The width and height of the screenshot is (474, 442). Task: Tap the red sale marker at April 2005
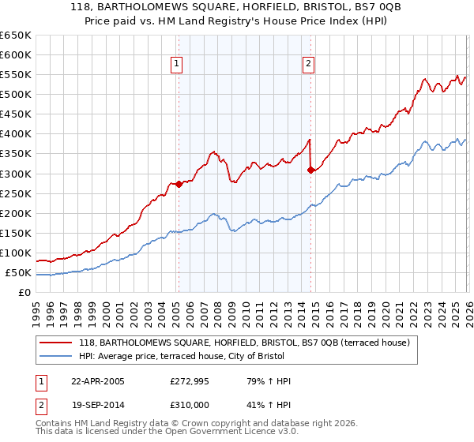pos(179,184)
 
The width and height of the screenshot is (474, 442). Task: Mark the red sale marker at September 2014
pos(310,169)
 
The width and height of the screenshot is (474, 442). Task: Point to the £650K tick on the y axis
pos(16,36)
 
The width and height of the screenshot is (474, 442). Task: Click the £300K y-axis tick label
pos(16,174)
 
